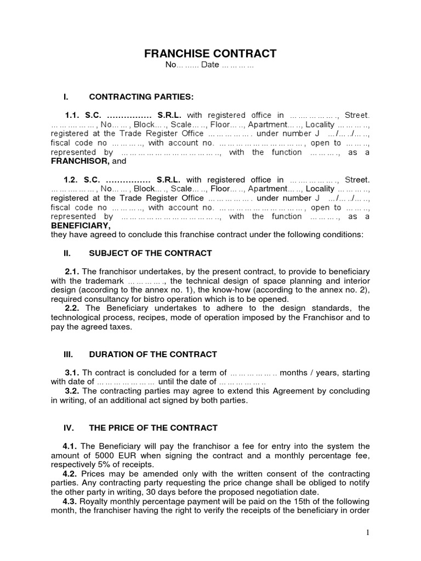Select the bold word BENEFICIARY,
[x=80, y=226]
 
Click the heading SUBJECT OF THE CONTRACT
[x=150, y=253]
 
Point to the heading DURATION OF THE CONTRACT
[x=153, y=354]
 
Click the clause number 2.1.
[x=72, y=272]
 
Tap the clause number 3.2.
[x=72, y=391]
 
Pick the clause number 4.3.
[x=71, y=502]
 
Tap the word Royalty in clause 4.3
[x=96, y=502]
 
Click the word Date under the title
[x=209, y=65]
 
